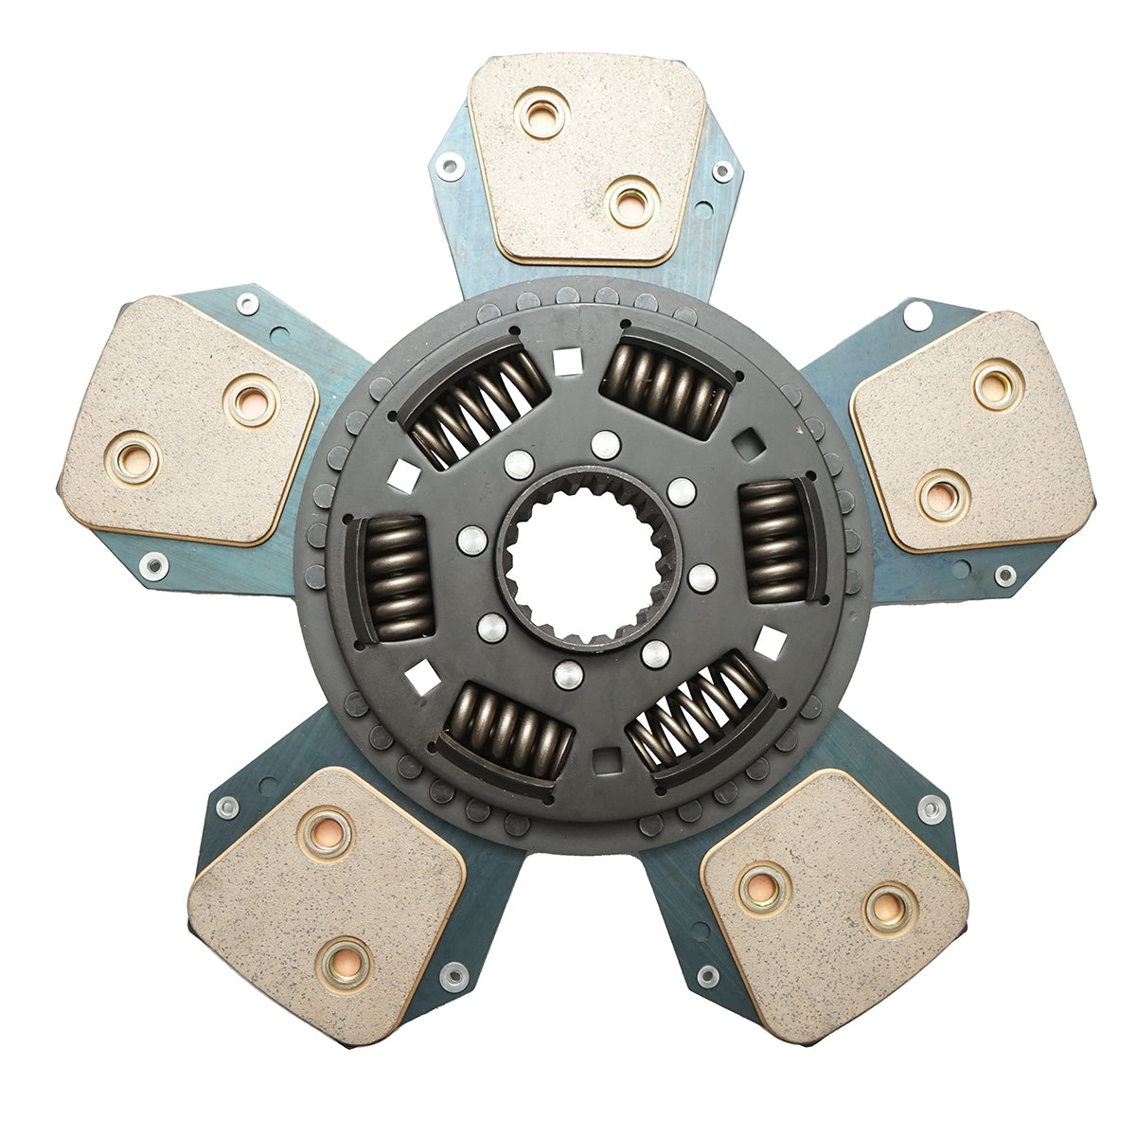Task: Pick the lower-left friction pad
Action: (x=327, y=904)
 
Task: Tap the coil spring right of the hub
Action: (x=772, y=540)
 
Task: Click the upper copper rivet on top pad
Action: (x=543, y=113)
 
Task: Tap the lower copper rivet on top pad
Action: (x=631, y=203)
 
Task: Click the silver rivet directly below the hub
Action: (x=567, y=674)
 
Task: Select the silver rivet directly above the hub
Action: (x=602, y=443)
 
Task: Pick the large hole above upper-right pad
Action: (x=916, y=315)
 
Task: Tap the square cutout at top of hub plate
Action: (x=567, y=360)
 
